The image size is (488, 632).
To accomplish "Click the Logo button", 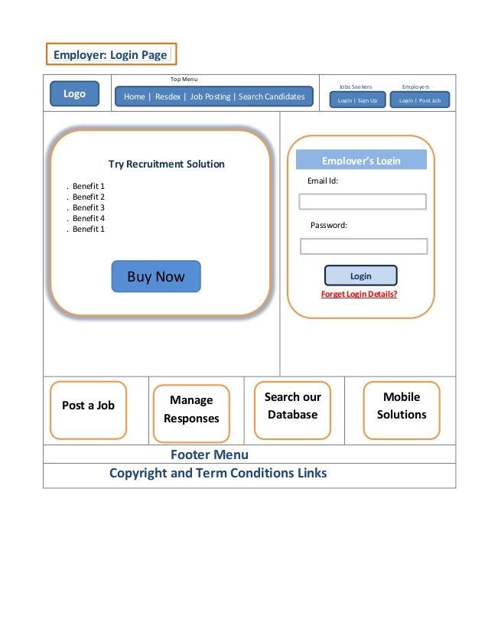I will tap(74, 94).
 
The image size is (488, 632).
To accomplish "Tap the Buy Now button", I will tap(156, 277).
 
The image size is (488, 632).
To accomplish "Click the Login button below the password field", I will tap(360, 276).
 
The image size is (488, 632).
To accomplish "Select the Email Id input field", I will tap(362, 202).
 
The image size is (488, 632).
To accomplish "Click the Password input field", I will tap(363, 246).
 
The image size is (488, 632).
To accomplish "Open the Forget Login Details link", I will tap(359, 294).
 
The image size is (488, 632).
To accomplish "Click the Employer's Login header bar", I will tap(361, 160).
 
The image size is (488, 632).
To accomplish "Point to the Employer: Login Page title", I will tap(110, 55).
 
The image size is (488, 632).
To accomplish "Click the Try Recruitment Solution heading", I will tap(167, 164).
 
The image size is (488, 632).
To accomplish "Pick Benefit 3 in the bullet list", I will tap(88, 207).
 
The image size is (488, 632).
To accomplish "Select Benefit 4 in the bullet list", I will tap(88, 218).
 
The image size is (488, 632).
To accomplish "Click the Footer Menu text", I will tap(209, 455).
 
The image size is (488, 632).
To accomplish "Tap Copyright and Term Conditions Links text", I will tap(218, 473).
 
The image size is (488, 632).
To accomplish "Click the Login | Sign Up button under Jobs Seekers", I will tap(357, 100).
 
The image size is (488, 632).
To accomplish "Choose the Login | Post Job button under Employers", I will tap(419, 100).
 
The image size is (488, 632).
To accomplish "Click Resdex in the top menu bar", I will tap(168, 96).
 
